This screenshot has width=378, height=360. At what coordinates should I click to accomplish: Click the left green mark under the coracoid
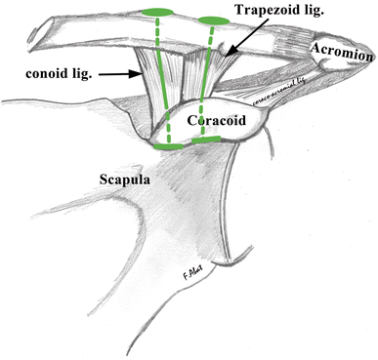pyautogui.click(x=166, y=144)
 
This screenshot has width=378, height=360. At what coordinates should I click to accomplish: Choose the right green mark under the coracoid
pyautogui.click(x=205, y=141)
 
